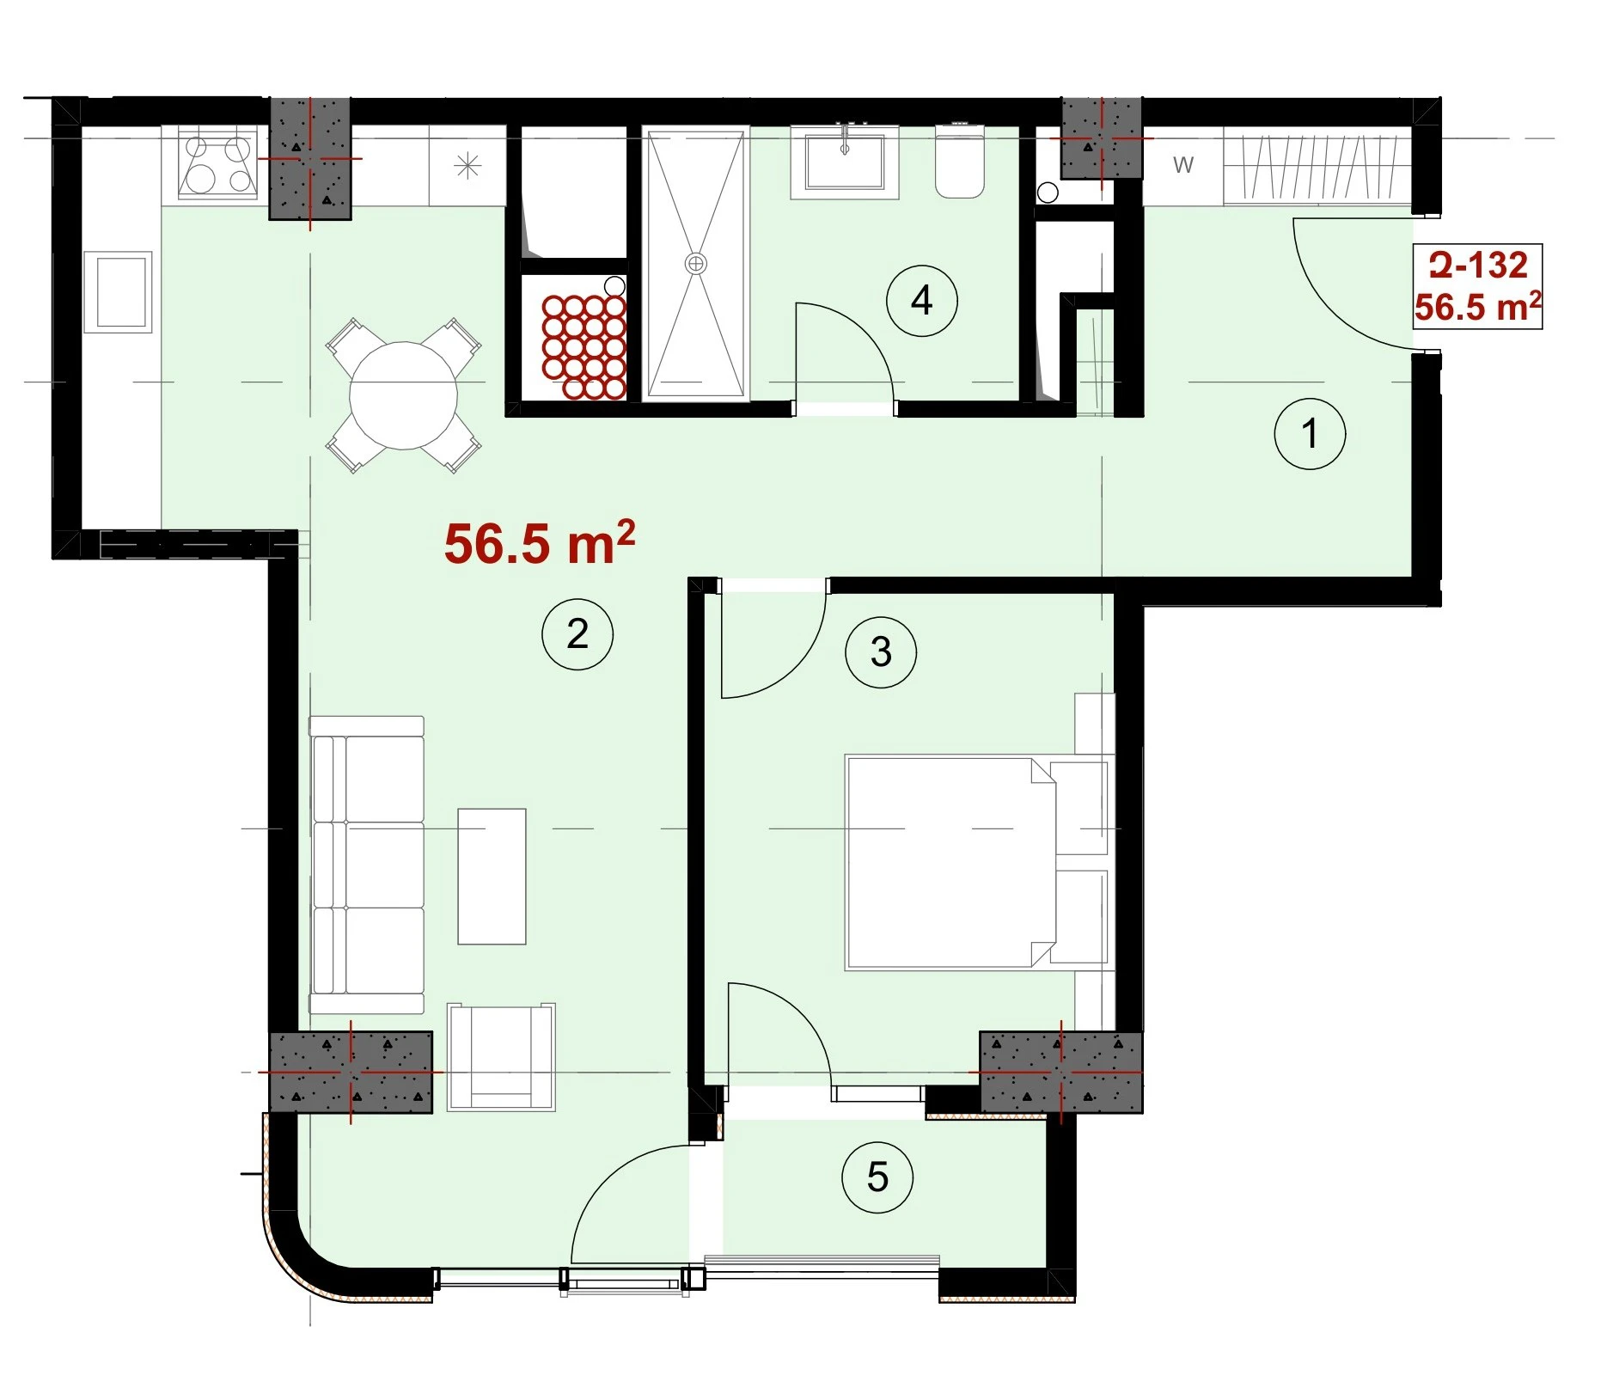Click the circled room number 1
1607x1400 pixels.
[1310, 433]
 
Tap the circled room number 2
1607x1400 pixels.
[577, 634]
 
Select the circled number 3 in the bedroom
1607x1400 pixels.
[881, 651]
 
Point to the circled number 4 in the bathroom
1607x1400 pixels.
[922, 301]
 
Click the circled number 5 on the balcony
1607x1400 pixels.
[877, 1177]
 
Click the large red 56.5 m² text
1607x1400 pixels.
[540, 543]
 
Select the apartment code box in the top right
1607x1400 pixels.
[1478, 286]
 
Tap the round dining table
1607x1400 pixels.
[403, 395]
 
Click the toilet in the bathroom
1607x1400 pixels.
[959, 162]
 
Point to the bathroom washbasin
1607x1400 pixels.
[845, 162]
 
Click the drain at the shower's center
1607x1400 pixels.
[695, 263]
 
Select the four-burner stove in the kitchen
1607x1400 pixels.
[217, 164]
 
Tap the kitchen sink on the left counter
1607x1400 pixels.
[119, 292]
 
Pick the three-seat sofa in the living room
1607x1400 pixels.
[367, 865]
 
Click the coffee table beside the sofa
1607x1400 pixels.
[492, 877]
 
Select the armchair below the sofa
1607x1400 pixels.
[501, 1057]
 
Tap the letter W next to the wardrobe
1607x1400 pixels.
[1183, 165]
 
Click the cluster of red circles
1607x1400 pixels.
[584, 347]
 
